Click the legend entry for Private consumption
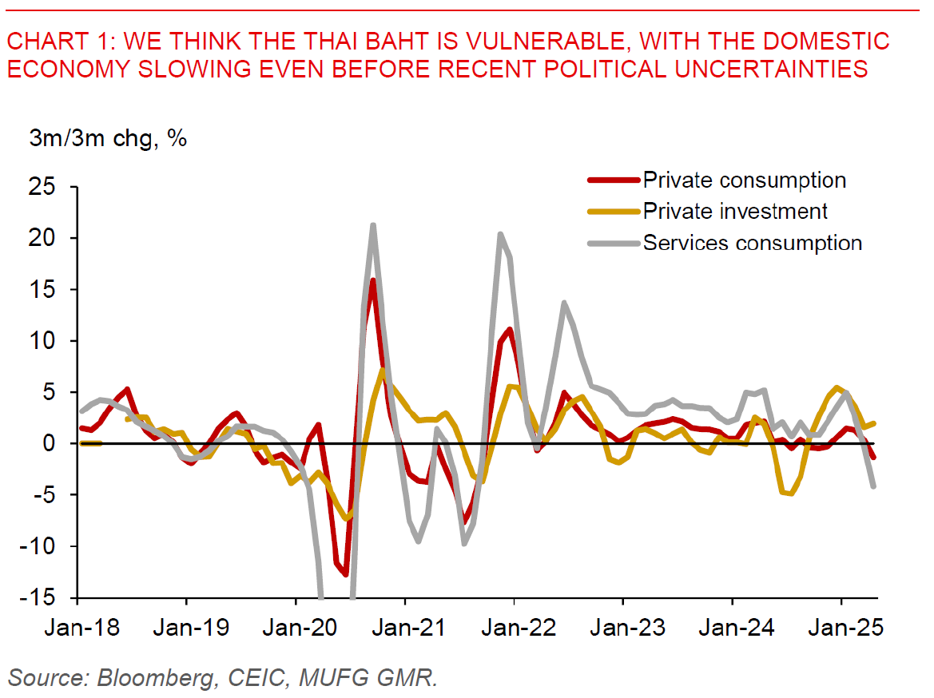(744, 180)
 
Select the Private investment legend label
(735, 211)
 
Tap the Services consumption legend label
(753, 243)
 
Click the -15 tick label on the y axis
(46, 598)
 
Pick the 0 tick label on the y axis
(56, 443)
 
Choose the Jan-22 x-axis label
(514, 627)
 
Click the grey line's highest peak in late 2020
(373, 225)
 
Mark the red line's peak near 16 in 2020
(373, 280)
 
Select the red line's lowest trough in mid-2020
(345, 574)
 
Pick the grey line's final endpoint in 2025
(874, 486)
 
